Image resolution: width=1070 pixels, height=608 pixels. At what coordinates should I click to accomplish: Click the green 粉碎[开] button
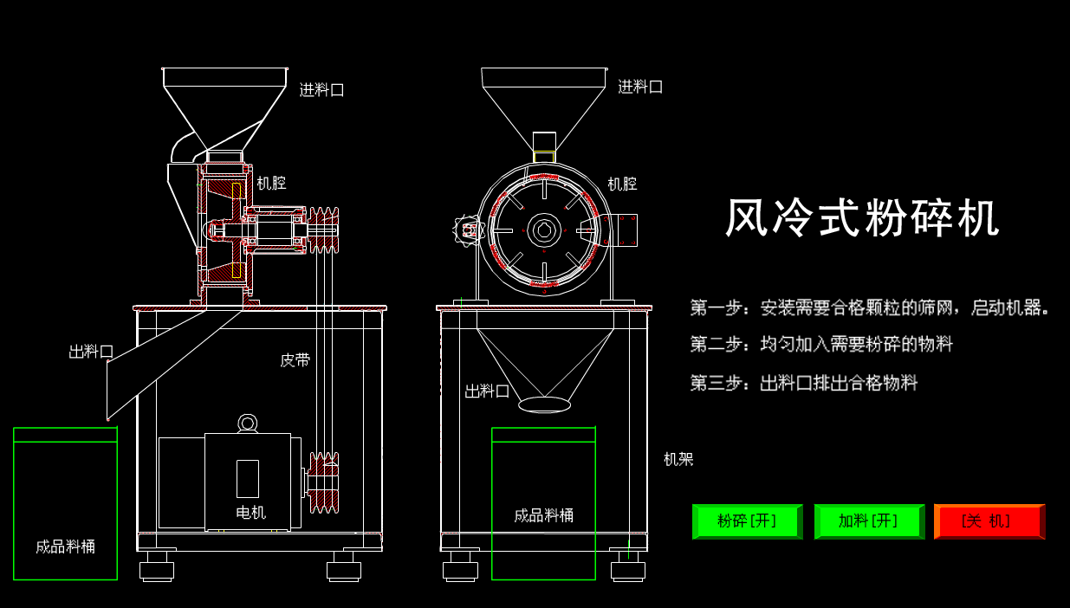(747, 521)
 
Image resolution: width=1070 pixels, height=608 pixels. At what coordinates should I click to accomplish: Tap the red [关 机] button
(989, 521)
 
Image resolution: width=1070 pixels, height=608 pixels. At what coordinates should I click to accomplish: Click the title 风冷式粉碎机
(862, 217)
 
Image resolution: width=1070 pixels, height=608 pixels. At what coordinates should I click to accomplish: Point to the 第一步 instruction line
(870, 307)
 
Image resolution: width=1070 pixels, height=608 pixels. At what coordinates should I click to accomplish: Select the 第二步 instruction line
(821, 345)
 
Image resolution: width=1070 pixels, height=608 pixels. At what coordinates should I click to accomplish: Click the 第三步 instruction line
(803, 383)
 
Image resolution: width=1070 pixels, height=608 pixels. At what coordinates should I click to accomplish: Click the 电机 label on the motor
(250, 513)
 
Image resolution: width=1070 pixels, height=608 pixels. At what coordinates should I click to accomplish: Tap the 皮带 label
(295, 360)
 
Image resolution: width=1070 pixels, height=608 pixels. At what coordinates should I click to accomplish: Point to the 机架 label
(678, 460)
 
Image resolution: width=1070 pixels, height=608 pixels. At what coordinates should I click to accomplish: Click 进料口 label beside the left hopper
(321, 90)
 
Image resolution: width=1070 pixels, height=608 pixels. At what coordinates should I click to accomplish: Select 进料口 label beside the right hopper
(640, 87)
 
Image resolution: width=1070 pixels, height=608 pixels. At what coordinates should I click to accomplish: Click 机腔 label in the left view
(271, 184)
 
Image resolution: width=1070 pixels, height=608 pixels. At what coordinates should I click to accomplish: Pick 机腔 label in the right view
(621, 184)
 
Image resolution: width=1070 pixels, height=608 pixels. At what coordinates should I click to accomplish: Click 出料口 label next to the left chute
(91, 352)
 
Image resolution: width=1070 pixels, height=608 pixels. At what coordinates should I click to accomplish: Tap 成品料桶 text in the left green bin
(65, 547)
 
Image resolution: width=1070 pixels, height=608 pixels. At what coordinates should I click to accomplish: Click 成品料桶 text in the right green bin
(543, 516)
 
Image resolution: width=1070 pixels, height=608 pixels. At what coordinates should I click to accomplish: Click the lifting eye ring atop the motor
(248, 423)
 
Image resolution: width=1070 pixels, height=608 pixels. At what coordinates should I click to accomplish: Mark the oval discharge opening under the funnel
(544, 404)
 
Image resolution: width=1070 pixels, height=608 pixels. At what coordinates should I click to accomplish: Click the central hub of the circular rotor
(543, 230)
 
